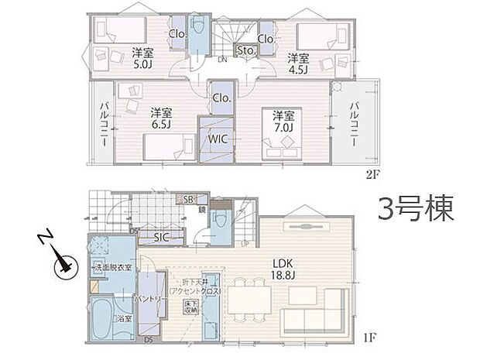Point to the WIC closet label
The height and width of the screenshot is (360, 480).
[216, 139]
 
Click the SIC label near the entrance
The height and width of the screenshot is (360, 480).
[162, 237]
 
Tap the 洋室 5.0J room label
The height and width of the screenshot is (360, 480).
[141, 60]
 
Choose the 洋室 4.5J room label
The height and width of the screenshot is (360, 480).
[299, 63]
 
